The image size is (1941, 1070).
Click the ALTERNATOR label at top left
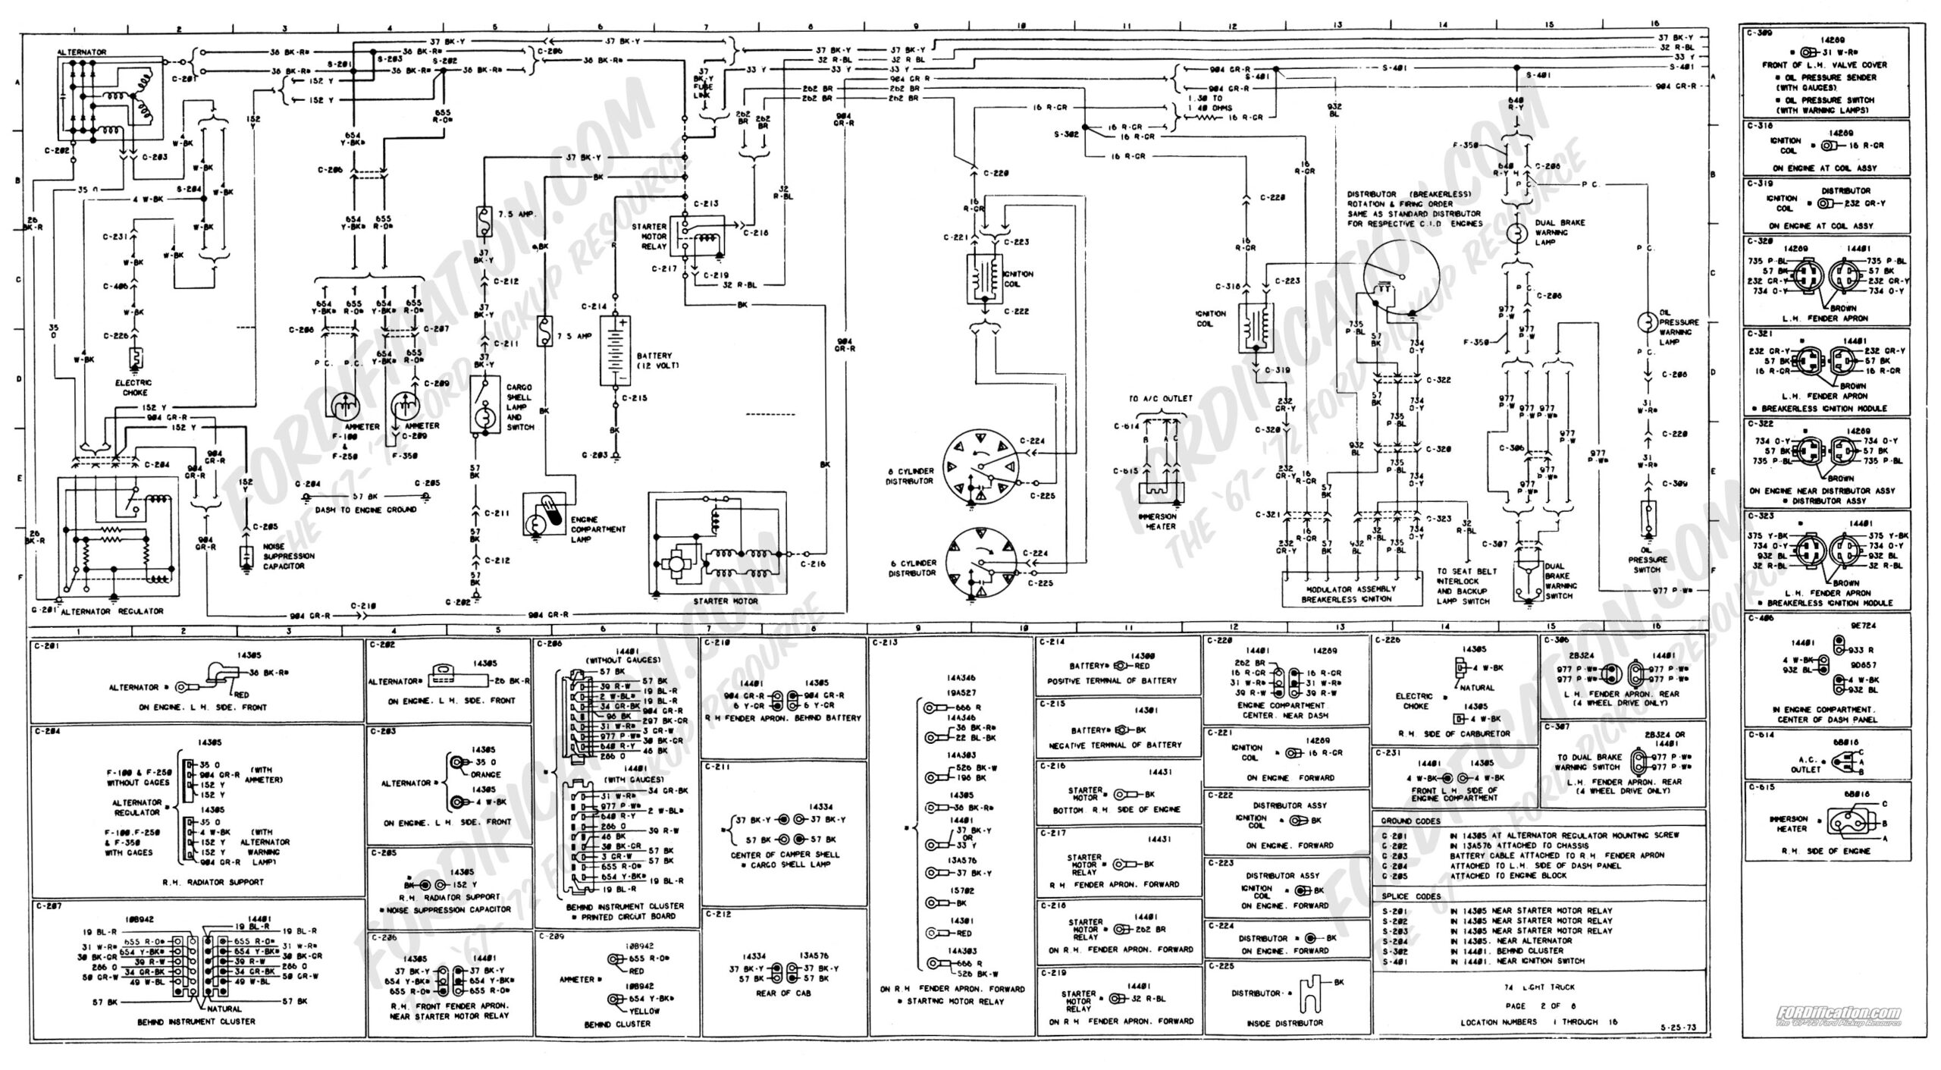click(81, 52)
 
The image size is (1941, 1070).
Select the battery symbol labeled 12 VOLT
click(615, 350)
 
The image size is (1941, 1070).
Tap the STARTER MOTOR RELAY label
click(648, 236)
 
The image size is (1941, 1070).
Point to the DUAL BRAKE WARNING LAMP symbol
click(1516, 233)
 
